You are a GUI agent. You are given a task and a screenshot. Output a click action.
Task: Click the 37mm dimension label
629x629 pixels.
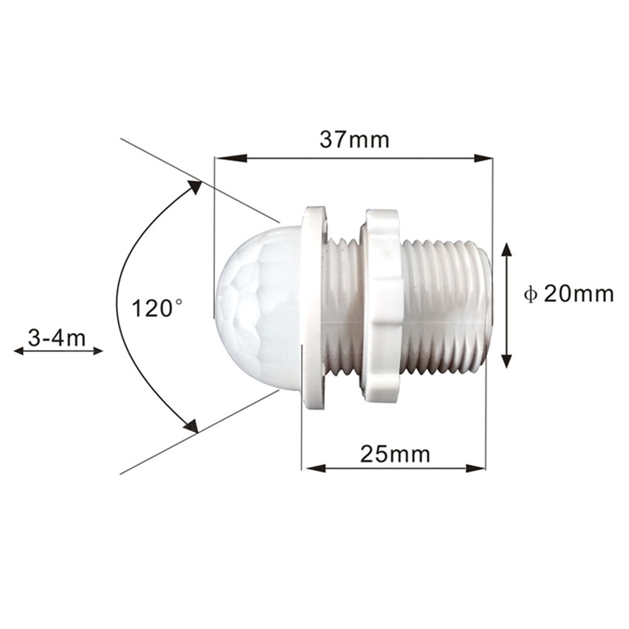pos(355,140)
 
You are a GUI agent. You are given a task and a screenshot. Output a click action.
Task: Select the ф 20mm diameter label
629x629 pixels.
pos(569,294)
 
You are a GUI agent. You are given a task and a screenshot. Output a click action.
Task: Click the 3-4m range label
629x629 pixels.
pos(57,338)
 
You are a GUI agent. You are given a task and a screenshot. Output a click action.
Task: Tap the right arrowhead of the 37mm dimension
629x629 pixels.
pos(483,158)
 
